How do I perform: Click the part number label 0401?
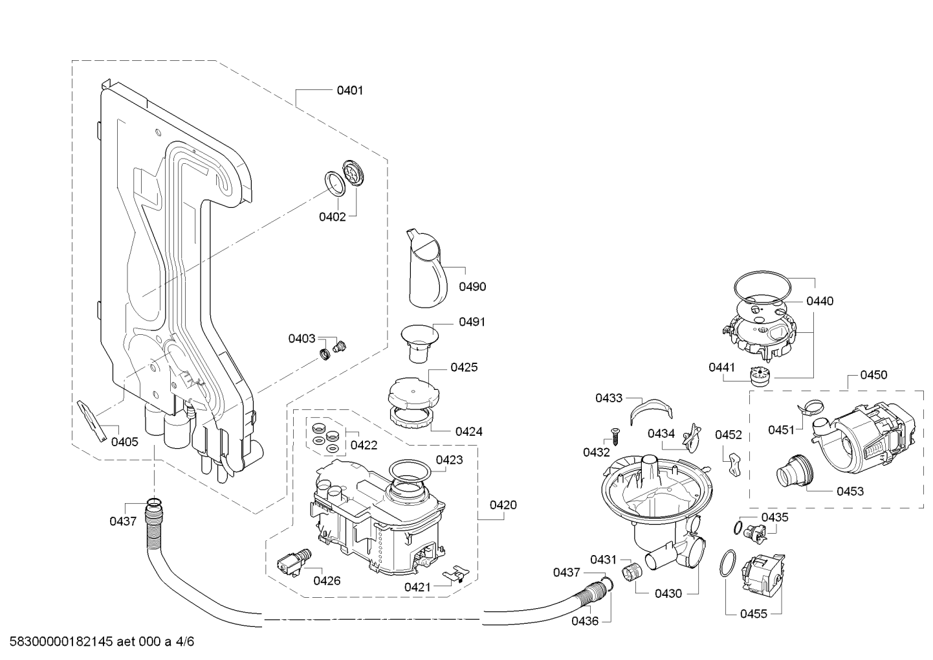pyautogui.click(x=349, y=91)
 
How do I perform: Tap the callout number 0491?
pyautogui.click(x=472, y=322)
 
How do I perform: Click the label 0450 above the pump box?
pyautogui.click(x=873, y=375)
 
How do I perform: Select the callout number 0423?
pyautogui.click(x=449, y=460)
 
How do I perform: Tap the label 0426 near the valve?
pyautogui.click(x=327, y=581)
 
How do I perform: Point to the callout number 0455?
pyautogui.click(x=754, y=614)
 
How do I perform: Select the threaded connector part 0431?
pyautogui.click(x=630, y=573)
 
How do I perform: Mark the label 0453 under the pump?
pyautogui.click(x=850, y=491)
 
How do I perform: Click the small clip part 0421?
pyautogui.click(x=456, y=573)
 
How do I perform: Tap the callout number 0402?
pyautogui.click(x=332, y=217)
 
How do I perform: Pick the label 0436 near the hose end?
pyautogui.click(x=584, y=620)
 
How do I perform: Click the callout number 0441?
pyautogui.click(x=721, y=367)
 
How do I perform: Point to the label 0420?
pyautogui.click(x=503, y=505)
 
